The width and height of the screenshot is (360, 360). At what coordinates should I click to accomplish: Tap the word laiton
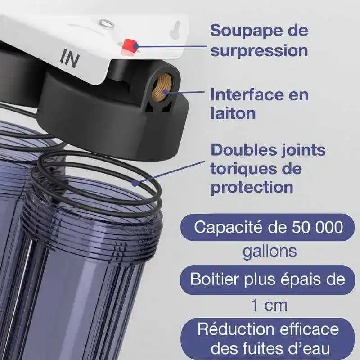pos(233,114)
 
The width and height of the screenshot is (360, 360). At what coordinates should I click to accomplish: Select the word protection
pos(252,188)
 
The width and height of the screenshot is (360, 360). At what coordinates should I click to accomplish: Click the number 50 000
pos(318,227)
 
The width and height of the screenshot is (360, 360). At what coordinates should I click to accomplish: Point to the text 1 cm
pos(269,306)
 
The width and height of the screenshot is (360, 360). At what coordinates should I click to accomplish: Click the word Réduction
pos(236,329)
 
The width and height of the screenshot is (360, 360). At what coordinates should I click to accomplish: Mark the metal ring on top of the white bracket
pos(106,23)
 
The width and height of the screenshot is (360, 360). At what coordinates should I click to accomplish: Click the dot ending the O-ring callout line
pos(135,184)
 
